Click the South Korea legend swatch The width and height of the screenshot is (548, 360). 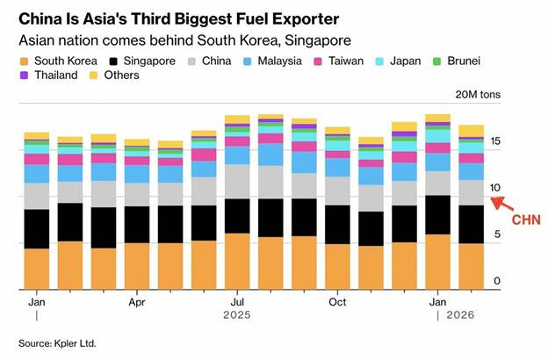coord(24,61)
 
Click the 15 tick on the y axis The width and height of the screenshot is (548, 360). coord(496,141)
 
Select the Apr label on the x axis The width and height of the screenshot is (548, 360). coord(136,302)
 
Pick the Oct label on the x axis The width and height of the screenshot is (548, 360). coord(335,302)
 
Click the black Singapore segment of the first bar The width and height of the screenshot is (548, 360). coord(37,228)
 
